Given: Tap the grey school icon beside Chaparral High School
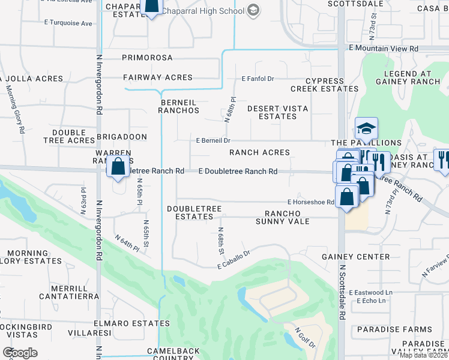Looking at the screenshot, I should click(253, 10).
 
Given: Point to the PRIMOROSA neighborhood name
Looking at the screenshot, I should click(147, 58).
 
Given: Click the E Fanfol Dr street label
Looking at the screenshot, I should click(258, 79).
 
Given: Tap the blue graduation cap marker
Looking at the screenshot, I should click(366, 128).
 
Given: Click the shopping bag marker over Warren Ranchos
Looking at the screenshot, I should click(118, 166).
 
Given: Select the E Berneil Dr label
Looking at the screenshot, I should click(213, 140).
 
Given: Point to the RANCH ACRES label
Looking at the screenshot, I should click(259, 152).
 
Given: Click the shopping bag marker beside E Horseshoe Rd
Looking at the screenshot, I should click(347, 196).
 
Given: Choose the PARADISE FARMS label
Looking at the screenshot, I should click(394, 329).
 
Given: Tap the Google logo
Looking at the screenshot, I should click(20, 352).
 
